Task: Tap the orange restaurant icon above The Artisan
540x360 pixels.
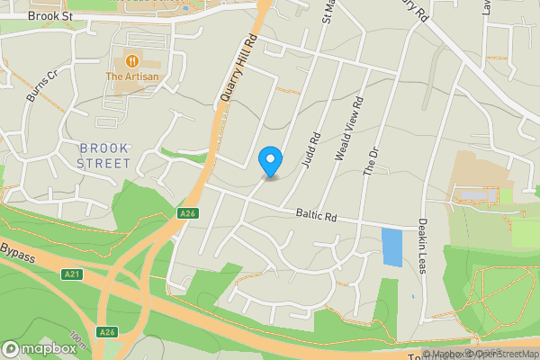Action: coord(132,61)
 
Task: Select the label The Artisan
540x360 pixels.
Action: coord(132,77)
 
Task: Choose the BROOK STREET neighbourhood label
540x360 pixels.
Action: coord(103,155)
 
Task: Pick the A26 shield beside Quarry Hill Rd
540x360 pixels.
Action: coord(187,213)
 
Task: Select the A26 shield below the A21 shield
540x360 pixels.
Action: coord(108,331)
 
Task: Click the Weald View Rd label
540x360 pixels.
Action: coord(347,129)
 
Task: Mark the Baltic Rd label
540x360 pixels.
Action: coord(316,216)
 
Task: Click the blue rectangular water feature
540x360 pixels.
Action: coord(392,247)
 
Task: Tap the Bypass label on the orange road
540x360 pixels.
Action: coord(17,251)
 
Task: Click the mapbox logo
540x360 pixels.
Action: coord(39,348)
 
